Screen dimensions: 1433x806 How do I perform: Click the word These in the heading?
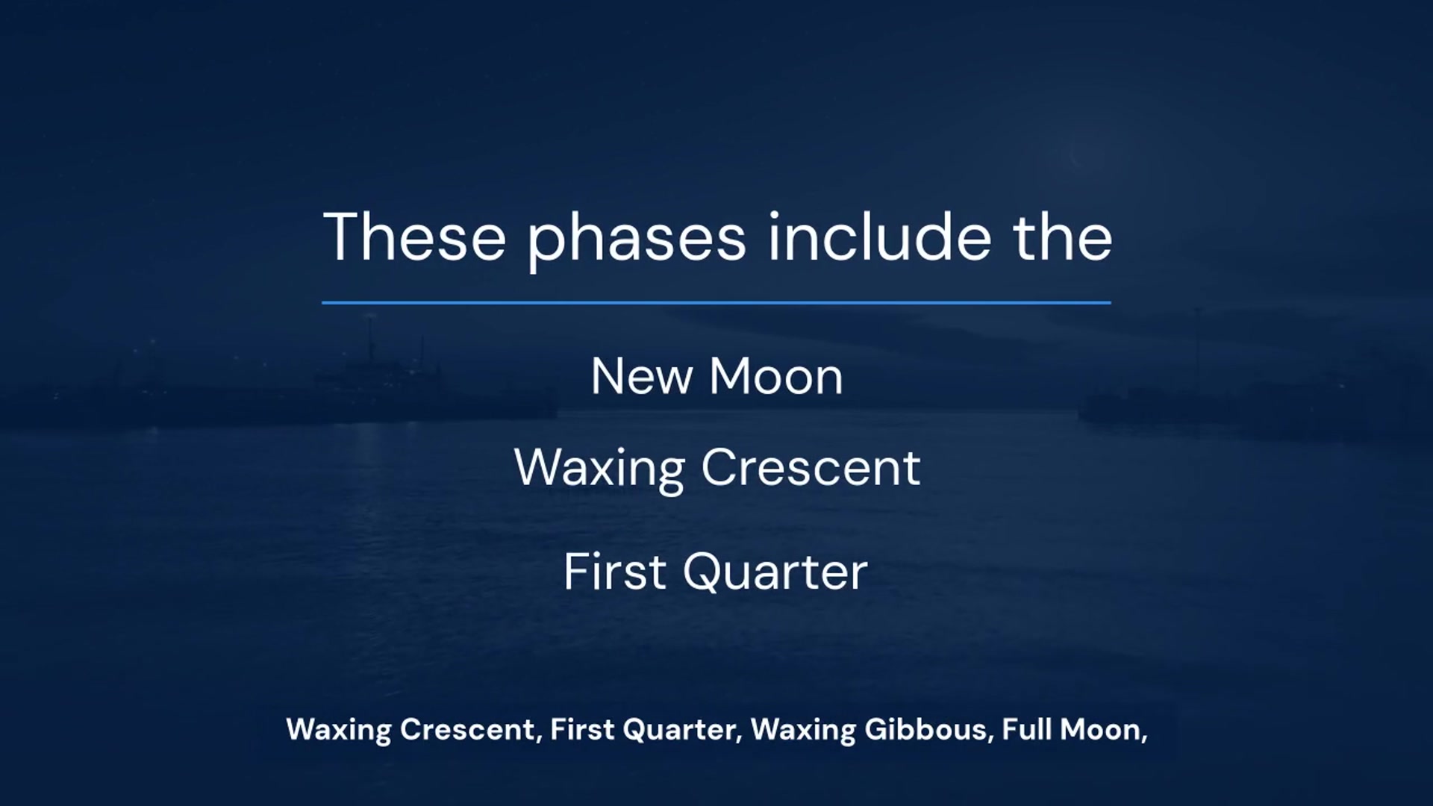[x=415, y=237]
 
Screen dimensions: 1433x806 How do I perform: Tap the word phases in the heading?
[x=637, y=240]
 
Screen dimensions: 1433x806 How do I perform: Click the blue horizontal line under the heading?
[x=716, y=302]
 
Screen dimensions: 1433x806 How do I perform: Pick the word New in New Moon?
[x=642, y=376]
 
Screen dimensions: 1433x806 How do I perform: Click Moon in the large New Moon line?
[x=776, y=376]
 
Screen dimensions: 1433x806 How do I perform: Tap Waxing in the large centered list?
[x=599, y=470]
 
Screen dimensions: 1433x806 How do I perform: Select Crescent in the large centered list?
[x=811, y=469]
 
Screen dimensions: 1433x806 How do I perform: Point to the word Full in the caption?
[x=1026, y=729]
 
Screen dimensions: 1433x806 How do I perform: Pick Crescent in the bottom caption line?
[x=468, y=730]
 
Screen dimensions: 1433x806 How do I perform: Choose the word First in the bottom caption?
[x=582, y=730]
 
